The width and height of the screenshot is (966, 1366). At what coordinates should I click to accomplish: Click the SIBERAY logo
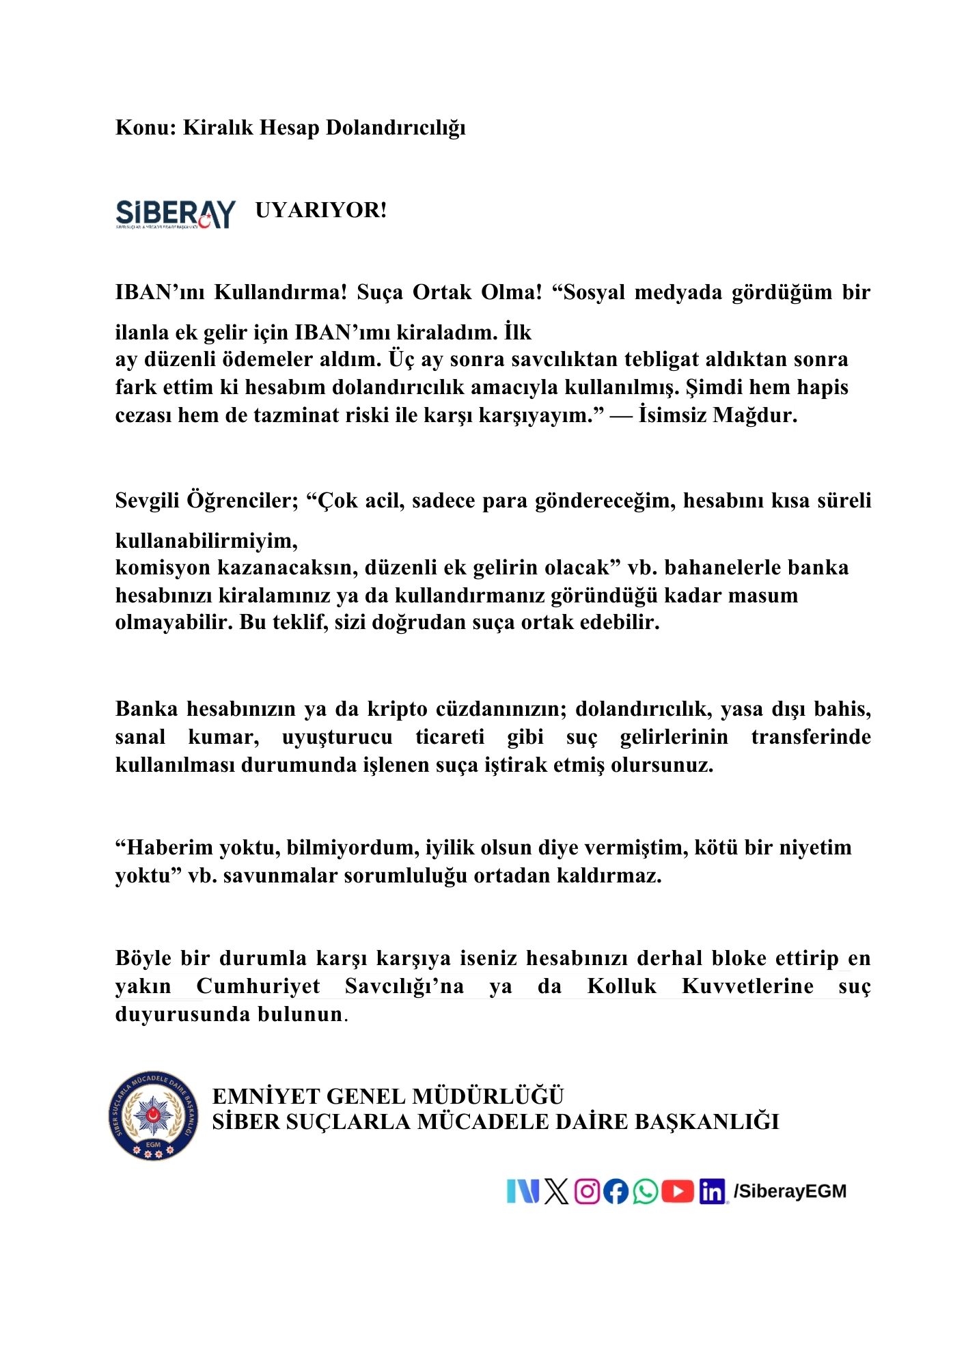tap(176, 214)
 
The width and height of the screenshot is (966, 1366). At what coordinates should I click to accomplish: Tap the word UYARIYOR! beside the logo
tap(321, 210)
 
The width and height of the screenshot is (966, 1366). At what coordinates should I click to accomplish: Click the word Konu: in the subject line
tap(146, 128)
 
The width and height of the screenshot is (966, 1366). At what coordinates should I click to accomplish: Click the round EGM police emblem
tap(154, 1115)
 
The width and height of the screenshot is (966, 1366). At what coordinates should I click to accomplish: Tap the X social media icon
tap(557, 1192)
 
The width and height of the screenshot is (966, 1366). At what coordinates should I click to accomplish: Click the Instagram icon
tap(587, 1192)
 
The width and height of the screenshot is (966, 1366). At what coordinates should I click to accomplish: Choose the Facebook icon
tap(616, 1192)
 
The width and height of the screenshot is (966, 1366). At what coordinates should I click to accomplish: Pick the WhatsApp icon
tap(645, 1192)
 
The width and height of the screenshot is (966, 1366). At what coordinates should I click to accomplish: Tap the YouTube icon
tap(678, 1192)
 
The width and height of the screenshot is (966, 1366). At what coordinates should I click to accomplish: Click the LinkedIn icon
tap(712, 1193)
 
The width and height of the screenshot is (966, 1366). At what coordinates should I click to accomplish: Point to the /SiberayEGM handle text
tap(790, 1192)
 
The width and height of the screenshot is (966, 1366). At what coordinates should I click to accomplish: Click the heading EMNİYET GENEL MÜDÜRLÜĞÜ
tap(388, 1096)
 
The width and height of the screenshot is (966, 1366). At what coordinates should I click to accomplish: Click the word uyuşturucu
tap(337, 737)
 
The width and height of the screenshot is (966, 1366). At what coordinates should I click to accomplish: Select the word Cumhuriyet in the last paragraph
tap(258, 986)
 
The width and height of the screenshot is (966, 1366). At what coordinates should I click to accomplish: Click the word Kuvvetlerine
tap(747, 986)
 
